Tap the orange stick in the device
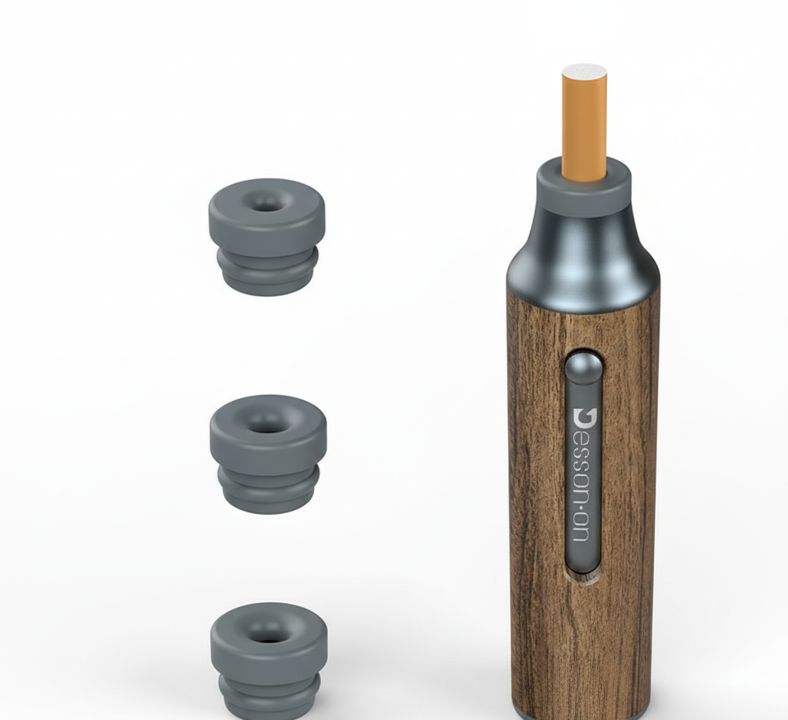[x=584, y=123]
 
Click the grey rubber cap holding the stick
[x=583, y=187]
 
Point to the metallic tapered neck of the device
[x=583, y=256]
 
